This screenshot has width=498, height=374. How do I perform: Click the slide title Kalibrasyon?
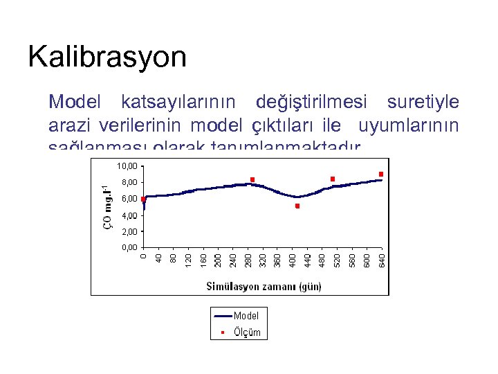(107, 57)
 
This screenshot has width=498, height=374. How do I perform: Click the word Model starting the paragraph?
(75, 103)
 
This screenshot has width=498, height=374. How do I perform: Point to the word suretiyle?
(423, 103)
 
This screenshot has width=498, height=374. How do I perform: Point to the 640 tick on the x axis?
(382, 259)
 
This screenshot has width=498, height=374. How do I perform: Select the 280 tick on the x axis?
(248, 259)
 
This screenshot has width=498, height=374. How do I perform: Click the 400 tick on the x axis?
(293, 259)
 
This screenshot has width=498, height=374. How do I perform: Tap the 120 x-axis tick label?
(188, 259)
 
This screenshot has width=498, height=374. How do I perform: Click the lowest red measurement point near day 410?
(297, 206)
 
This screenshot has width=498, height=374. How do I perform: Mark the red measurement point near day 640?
(381, 174)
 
